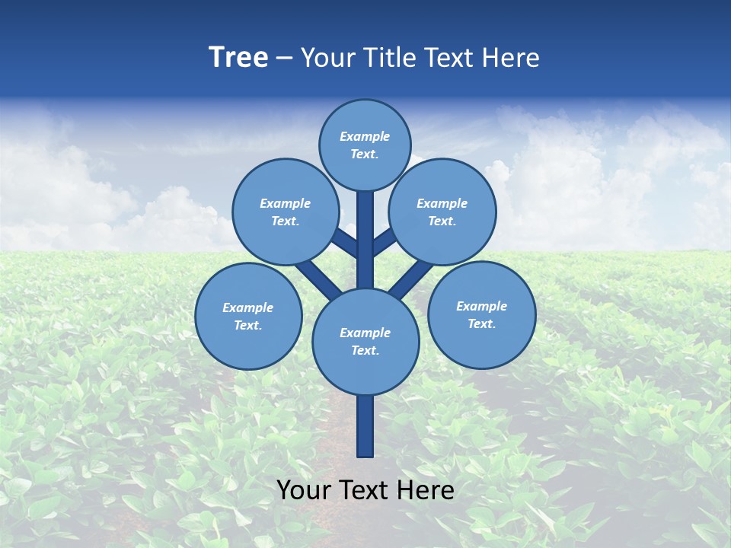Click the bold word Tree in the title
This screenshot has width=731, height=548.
pyautogui.click(x=238, y=57)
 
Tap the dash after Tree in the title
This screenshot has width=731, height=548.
pyautogui.click(x=284, y=58)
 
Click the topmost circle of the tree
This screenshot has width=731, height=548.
pyautogui.click(x=365, y=145)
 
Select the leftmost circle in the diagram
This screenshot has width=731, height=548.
pyautogui.click(x=248, y=316)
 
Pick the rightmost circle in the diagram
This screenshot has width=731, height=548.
pyautogui.click(x=481, y=314)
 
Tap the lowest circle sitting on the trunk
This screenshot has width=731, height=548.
pyautogui.click(x=365, y=341)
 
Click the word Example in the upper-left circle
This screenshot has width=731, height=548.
pyautogui.click(x=285, y=203)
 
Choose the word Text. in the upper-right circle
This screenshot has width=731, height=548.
pyautogui.click(x=442, y=221)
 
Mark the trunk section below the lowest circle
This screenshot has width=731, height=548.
pyautogui.click(x=365, y=426)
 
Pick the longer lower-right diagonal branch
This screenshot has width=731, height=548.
pyautogui.click(x=411, y=279)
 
